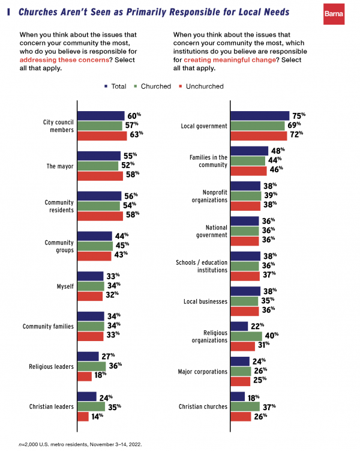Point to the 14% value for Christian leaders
(97, 416)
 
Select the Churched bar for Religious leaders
(91, 366)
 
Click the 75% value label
(298, 115)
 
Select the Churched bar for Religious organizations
(247, 336)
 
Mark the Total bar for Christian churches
(238, 396)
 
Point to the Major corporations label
(202, 371)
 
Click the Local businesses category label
(205, 300)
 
